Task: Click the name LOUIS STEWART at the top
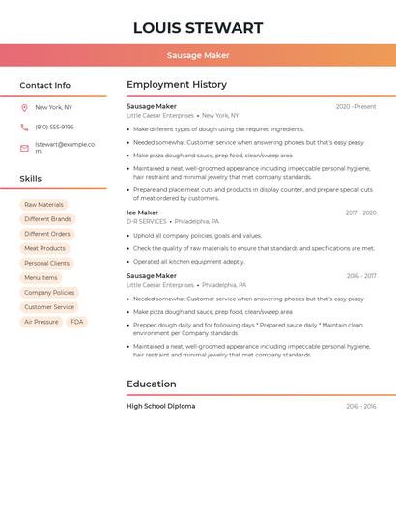point(197,28)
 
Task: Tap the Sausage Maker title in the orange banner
point(198,55)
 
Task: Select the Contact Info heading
point(44,85)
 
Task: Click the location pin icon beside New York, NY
point(24,108)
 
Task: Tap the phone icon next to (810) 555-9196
point(24,128)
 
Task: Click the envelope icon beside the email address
point(24,148)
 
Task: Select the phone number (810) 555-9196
point(54,128)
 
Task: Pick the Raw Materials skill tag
point(43,205)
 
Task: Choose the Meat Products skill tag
point(44,248)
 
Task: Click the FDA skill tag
point(76,322)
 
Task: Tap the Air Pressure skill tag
point(41,322)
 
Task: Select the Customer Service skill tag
point(49,307)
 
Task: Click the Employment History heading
point(176,85)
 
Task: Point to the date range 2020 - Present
point(355,107)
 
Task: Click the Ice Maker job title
point(142,213)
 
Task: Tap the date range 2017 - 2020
point(360,213)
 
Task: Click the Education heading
point(151,384)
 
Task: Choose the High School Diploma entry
point(160,406)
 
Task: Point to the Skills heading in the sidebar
point(30,179)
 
